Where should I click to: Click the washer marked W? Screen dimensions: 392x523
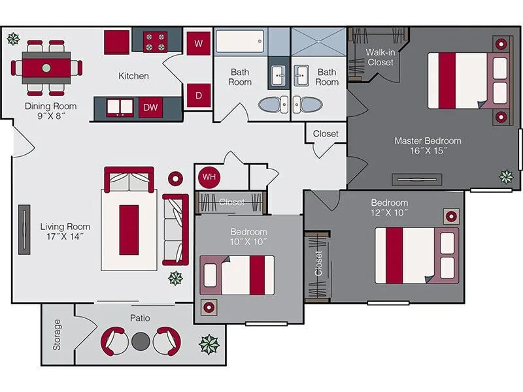click(198, 44)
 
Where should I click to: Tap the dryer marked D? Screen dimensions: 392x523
click(198, 95)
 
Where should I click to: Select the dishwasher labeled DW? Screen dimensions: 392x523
click(150, 107)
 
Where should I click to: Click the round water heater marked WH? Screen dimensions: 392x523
click(209, 176)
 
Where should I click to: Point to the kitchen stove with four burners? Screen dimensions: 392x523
click(156, 42)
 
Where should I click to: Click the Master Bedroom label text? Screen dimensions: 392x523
click(428, 145)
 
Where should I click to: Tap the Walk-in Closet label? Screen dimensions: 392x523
click(380, 57)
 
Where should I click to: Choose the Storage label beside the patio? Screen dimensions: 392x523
click(58, 335)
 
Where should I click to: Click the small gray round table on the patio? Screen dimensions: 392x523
click(141, 340)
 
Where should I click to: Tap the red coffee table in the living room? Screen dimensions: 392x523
click(129, 229)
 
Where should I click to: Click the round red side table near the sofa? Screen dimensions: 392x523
click(176, 178)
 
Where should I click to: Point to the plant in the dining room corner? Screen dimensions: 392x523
click(12, 39)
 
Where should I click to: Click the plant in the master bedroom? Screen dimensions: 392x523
click(506, 176)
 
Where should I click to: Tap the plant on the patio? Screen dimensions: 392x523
click(209, 344)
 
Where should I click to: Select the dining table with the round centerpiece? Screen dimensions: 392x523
click(46, 67)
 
